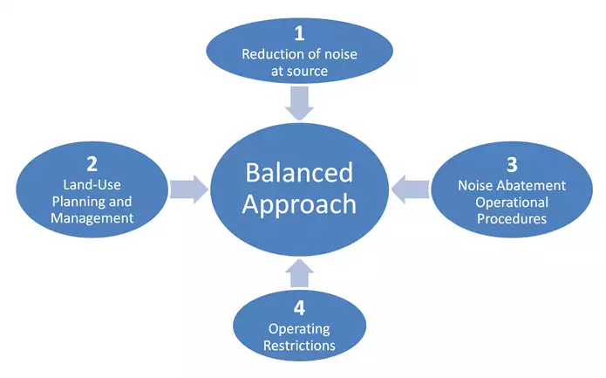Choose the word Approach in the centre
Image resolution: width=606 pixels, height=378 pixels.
pos(299,203)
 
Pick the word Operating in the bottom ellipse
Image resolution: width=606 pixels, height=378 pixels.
pos(299,328)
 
